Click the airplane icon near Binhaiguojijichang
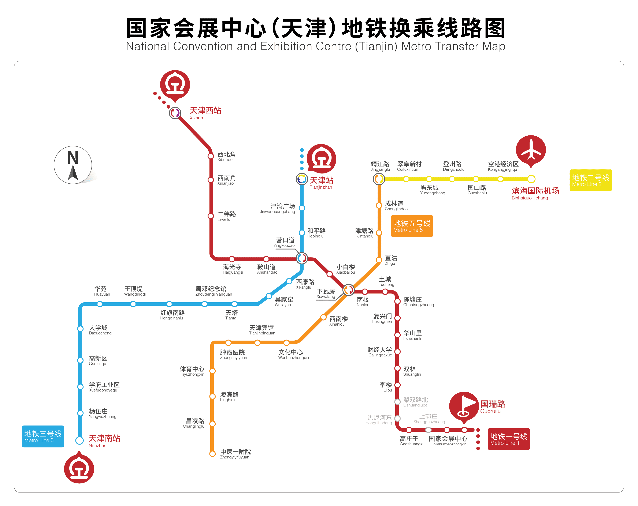pos(531,150)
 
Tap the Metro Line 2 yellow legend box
pos(590,180)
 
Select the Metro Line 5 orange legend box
pos(412,226)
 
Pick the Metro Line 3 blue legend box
pos(43,436)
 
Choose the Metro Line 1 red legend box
pos(508,439)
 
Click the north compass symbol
pos(73,165)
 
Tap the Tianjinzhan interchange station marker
pos(301,179)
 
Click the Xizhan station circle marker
pos(175,113)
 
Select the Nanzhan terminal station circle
pos(79,440)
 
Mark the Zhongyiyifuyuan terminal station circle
pos(212,454)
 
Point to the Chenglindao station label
pos(396,206)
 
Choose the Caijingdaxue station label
pos(380,352)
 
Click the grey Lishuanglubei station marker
pos(397,401)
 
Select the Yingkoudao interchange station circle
pos(301,258)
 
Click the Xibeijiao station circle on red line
pos(211,156)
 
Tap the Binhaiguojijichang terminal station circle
pos(531,179)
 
